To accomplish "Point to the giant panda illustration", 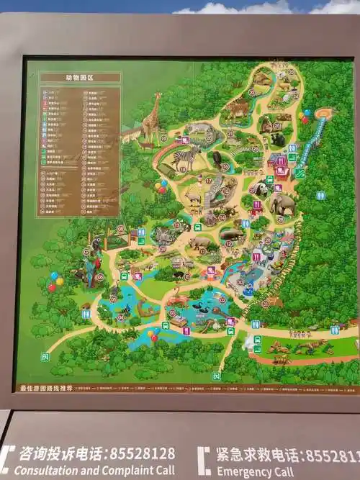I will tap(259, 189).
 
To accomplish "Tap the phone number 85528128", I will tap(141, 454).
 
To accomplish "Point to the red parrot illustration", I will tap(90, 271).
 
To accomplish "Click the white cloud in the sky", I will tap(238, 8).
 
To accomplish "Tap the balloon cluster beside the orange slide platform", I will tap(307, 116).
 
